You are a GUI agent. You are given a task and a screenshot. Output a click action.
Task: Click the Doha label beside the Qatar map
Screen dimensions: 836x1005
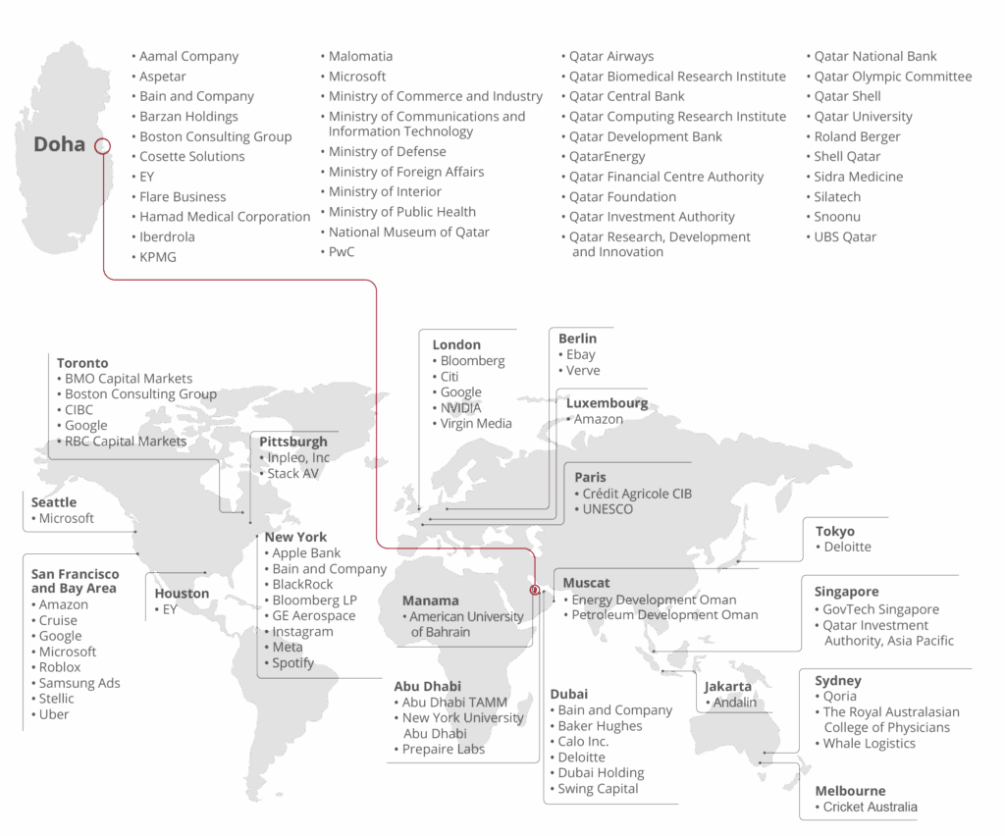pos(59,145)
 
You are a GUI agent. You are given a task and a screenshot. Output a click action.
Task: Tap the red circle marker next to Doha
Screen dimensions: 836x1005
pos(102,146)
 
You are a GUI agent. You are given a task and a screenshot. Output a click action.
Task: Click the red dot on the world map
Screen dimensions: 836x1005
pos(535,590)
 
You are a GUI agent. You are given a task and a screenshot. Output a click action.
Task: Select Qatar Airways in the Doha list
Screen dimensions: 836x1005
pos(610,57)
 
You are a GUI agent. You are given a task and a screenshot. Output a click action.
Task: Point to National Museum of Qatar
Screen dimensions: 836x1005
pos(408,232)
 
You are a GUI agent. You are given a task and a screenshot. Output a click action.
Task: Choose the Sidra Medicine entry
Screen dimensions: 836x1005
pos(858,177)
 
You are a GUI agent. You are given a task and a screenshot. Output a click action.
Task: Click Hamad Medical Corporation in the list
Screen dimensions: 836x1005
pos(224,216)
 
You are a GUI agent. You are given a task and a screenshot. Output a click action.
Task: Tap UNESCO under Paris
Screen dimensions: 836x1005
pos(608,509)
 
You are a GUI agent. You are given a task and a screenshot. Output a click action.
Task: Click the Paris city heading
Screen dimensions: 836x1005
pos(590,478)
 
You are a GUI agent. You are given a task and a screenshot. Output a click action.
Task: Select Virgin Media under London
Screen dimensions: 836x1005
pos(476,424)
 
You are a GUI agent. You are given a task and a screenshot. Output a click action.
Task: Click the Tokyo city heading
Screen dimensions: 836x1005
pos(834,532)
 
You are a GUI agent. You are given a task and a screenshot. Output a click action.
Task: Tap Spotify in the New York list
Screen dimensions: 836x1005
pos(292,663)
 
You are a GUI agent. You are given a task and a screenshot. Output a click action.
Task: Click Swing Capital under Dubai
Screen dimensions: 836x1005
pos(598,789)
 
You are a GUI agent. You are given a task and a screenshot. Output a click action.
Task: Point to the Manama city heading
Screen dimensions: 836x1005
pos(430,601)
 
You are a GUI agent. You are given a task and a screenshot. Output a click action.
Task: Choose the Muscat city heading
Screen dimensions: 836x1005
pos(586,583)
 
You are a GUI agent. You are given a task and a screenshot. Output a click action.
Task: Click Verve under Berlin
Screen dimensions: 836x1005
pos(582,371)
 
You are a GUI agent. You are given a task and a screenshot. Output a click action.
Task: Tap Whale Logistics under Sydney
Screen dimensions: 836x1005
pos(869,744)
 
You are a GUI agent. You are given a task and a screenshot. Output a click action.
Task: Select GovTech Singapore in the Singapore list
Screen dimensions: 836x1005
pos(880,609)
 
